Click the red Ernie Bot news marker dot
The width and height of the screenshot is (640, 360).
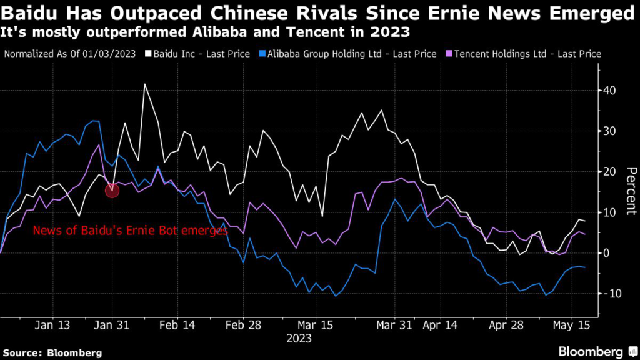pos(112,191)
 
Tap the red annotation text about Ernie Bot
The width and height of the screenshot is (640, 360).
pos(130,231)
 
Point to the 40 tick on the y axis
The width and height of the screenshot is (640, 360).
pos(609,91)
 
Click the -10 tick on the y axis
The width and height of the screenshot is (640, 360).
pos(608,294)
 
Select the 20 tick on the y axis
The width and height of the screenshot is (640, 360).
pos(609,172)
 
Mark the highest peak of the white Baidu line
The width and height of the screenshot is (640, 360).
pos(145,84)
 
